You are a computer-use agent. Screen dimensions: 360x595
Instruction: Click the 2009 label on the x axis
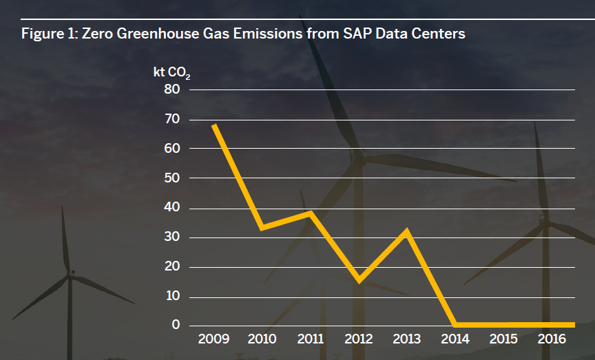[213, 339]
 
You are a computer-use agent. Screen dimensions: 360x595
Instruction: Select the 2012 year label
[358, 339]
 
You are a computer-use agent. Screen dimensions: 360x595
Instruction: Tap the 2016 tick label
[552, 339]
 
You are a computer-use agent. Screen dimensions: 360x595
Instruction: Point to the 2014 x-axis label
[455, 339]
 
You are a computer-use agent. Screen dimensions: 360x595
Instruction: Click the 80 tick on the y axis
[171, 89]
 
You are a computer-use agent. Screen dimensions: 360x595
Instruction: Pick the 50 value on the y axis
[171, 178]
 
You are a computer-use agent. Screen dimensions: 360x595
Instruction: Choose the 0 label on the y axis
[176, 326]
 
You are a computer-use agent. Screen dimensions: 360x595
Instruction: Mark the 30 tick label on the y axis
[171, 237]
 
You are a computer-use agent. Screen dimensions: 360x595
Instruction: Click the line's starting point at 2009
[214, 125]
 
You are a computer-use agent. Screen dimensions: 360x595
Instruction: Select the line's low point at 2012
[358, 279]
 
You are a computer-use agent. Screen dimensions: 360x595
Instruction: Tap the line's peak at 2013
[407, 231]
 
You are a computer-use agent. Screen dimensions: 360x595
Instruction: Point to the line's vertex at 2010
[262, 227]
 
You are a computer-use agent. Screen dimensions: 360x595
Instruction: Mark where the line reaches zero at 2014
[455, 325]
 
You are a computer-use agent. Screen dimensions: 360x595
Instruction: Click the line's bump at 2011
[310, 213]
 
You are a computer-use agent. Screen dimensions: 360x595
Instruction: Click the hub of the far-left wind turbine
[70, 275]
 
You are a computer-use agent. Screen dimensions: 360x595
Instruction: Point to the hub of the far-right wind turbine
[545, 220]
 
